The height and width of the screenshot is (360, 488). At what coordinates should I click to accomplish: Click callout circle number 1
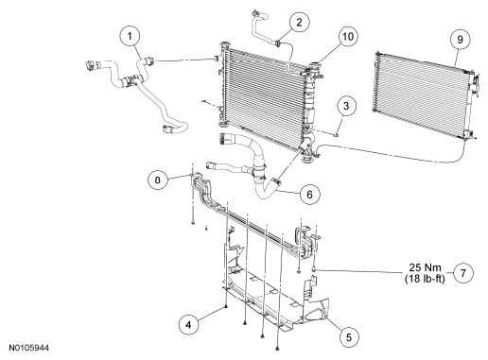point(130,36)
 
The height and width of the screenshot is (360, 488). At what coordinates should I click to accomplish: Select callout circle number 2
point(299,22)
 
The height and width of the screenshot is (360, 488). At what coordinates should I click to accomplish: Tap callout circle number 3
point(346,106)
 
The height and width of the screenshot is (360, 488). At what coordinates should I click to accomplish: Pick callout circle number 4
point(188,324)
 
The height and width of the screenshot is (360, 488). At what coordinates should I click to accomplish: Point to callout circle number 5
point(349,337)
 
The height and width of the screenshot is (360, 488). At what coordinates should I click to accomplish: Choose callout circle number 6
point(309,195)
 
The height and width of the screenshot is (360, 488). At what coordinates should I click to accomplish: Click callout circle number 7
point(463,273)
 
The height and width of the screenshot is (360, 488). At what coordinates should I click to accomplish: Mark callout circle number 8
point(158,180)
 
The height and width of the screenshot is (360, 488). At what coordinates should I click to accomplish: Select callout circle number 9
point(460,40)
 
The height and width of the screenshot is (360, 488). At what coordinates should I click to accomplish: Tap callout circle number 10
point(348,37)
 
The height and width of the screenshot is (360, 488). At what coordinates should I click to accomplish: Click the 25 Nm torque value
point(425,267)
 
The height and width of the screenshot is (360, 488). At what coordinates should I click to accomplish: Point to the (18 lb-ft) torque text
point(425,279)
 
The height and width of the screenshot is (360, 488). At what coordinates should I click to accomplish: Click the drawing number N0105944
point(28,348)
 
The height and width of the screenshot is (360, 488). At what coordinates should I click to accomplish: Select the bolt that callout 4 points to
point(226,307)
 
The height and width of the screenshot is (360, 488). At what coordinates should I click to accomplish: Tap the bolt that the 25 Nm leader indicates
point(314,269)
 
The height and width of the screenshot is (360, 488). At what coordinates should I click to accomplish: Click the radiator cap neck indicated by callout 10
point(315,66)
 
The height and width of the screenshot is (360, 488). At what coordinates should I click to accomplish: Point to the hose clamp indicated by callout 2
point(278,43)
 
